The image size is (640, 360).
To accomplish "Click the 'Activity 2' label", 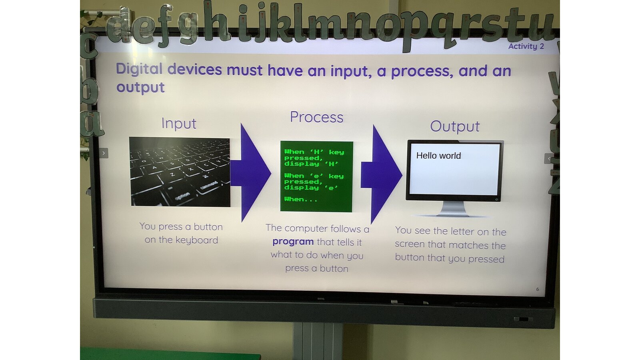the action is point(526,46).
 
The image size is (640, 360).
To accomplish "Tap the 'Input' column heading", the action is point(179,124).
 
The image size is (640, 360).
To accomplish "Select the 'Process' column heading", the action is point(316,117).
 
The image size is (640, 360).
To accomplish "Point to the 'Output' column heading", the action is point(455,126).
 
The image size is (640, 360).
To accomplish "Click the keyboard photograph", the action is point(180,172).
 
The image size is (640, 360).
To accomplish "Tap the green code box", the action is point(316,176).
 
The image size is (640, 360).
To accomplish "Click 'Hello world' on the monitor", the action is point(438,156).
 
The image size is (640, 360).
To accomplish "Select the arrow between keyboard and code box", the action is point(250,173).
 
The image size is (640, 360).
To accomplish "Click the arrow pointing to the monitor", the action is point(382,174).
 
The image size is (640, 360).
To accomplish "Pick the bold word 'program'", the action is point(293,242).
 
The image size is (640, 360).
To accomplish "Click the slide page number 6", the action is point(538,290).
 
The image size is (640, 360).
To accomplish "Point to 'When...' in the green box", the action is point(301,199).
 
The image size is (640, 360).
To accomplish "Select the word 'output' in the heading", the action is point(140,88).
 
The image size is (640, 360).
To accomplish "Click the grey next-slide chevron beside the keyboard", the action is point(104,153).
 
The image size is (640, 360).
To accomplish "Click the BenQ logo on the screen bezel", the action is point(321,299).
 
